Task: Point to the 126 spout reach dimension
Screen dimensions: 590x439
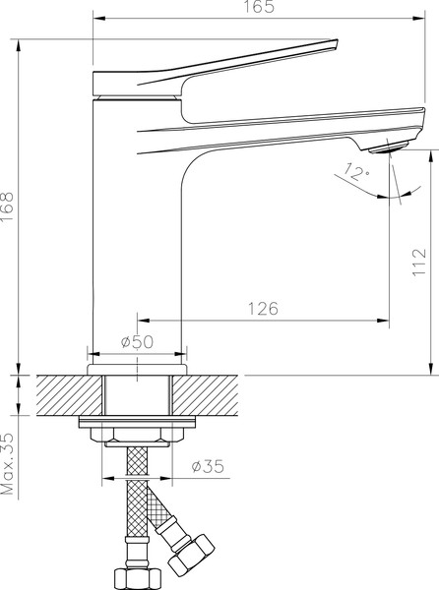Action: coord(262,308)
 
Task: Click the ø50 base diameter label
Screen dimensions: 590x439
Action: coord(137,341)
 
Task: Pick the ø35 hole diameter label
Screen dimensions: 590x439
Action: coord(209,465)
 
